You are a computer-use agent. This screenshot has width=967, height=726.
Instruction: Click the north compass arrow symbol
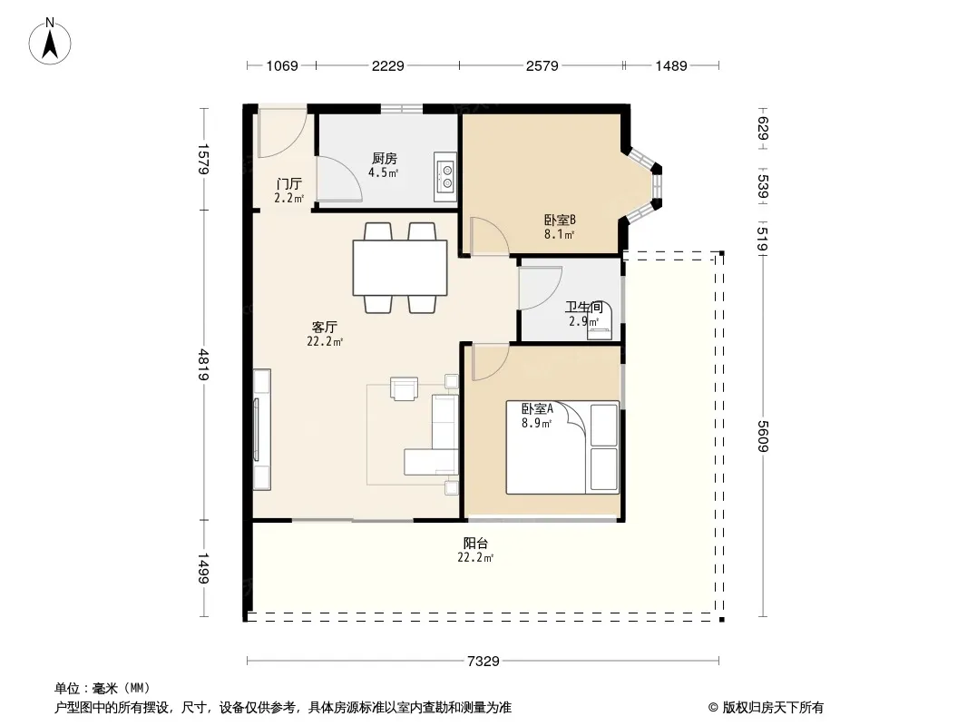click(x=50, y=42)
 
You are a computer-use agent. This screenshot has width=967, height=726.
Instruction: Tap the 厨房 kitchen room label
click(x=385, y=159)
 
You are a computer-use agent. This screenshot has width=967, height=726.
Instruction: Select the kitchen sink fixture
click(x=444, y=176)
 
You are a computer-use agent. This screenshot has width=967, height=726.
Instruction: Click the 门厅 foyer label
click(x=288, y=184)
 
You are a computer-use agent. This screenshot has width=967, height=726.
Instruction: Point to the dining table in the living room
click(x=400, y=268)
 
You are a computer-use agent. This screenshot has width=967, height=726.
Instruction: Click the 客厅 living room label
click(x=325, y=327)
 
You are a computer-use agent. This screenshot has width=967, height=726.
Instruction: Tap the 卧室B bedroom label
click(x=560, y=220)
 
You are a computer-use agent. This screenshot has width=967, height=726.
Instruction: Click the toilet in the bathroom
click(x=600, y=320)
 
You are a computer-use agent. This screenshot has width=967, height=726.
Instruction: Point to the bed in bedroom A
click(x=562, y=447)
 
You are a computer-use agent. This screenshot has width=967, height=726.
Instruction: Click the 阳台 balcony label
click(x=475, y=544)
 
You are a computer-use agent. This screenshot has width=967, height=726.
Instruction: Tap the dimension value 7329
click(x=483, y=662)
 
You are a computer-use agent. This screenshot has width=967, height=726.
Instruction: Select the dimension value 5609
click(x=764, y=437)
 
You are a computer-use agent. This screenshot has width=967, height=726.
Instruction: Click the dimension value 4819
click(x=203, y=365)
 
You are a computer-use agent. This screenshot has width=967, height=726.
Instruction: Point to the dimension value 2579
click(x=542, y=65)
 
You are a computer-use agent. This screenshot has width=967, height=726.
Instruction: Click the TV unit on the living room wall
click(x=261, y=429)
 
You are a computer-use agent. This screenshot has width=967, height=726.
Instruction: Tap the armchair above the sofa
click(x=404, y=388)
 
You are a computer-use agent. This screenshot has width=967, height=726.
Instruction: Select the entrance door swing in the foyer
click(x=282, y=131)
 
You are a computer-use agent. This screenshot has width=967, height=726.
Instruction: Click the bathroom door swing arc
click(x=541, y=288)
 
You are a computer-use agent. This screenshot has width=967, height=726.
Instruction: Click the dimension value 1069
click(x=282, y=65)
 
